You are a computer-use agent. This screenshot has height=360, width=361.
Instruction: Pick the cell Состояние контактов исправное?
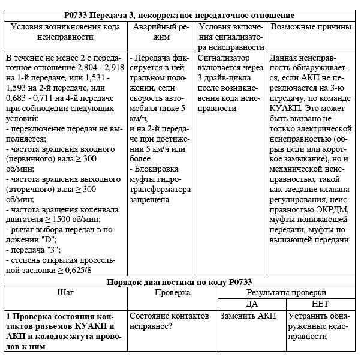pyautogui.click(x=169, y=320)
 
